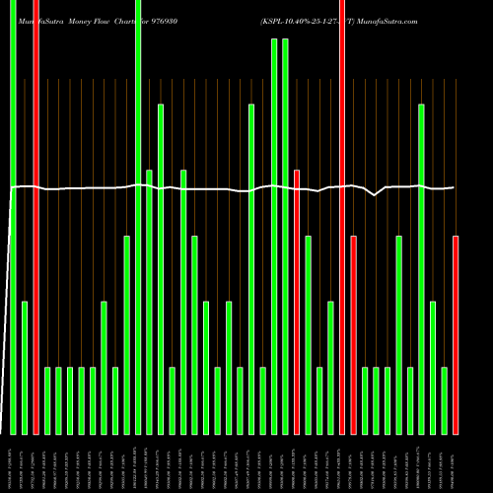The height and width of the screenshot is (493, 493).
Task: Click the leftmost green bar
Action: [13, 217]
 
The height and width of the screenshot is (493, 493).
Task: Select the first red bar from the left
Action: [35, 217]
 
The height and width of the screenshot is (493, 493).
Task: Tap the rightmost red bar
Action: [456, 335]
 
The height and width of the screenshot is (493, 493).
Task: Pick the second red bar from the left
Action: [297, 302]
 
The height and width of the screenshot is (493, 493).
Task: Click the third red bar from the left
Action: [342, 217]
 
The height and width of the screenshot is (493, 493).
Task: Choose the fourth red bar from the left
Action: [354, 335]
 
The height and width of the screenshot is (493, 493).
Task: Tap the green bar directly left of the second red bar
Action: [285, 237]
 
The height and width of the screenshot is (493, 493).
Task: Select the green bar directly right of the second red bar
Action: [308, 335]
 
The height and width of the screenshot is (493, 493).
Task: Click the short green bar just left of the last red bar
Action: [445, 400]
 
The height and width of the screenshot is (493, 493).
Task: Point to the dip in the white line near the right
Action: [375, 195]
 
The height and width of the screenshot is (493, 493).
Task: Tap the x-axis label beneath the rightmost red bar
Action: [456, 460]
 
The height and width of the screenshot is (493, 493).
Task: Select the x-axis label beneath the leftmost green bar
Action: [13, 460]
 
